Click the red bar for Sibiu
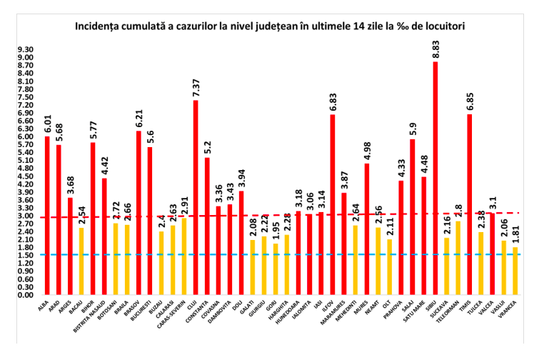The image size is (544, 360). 435,179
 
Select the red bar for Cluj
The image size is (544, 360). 196,197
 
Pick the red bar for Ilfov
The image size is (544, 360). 333,204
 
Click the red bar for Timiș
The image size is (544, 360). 470,204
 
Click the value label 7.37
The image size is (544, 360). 196,86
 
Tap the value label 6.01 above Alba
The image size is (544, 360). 47,123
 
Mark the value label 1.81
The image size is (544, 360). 515,233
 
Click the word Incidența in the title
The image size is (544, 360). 100,26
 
